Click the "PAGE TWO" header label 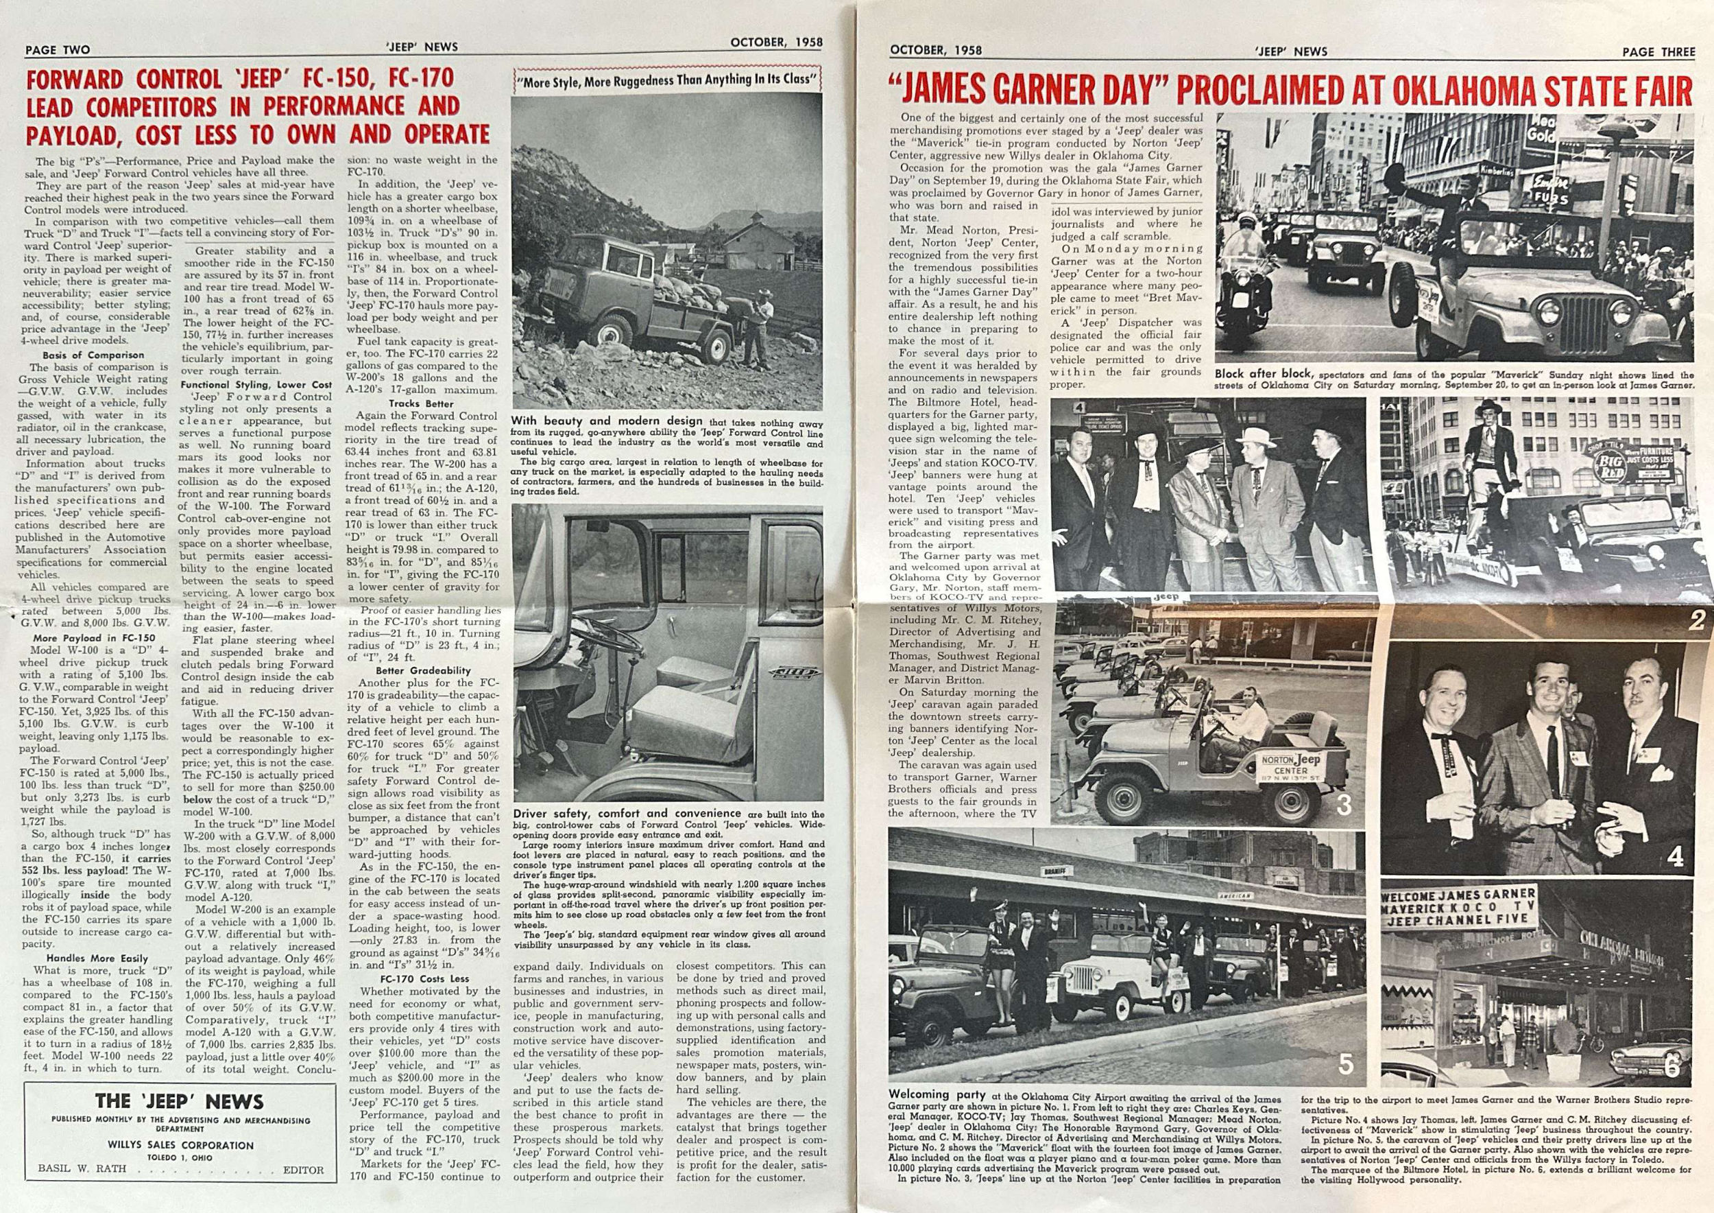58,50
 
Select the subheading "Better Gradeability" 414,671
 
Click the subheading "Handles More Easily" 97,958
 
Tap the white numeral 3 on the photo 1344,806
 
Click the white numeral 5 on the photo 1344,1063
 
